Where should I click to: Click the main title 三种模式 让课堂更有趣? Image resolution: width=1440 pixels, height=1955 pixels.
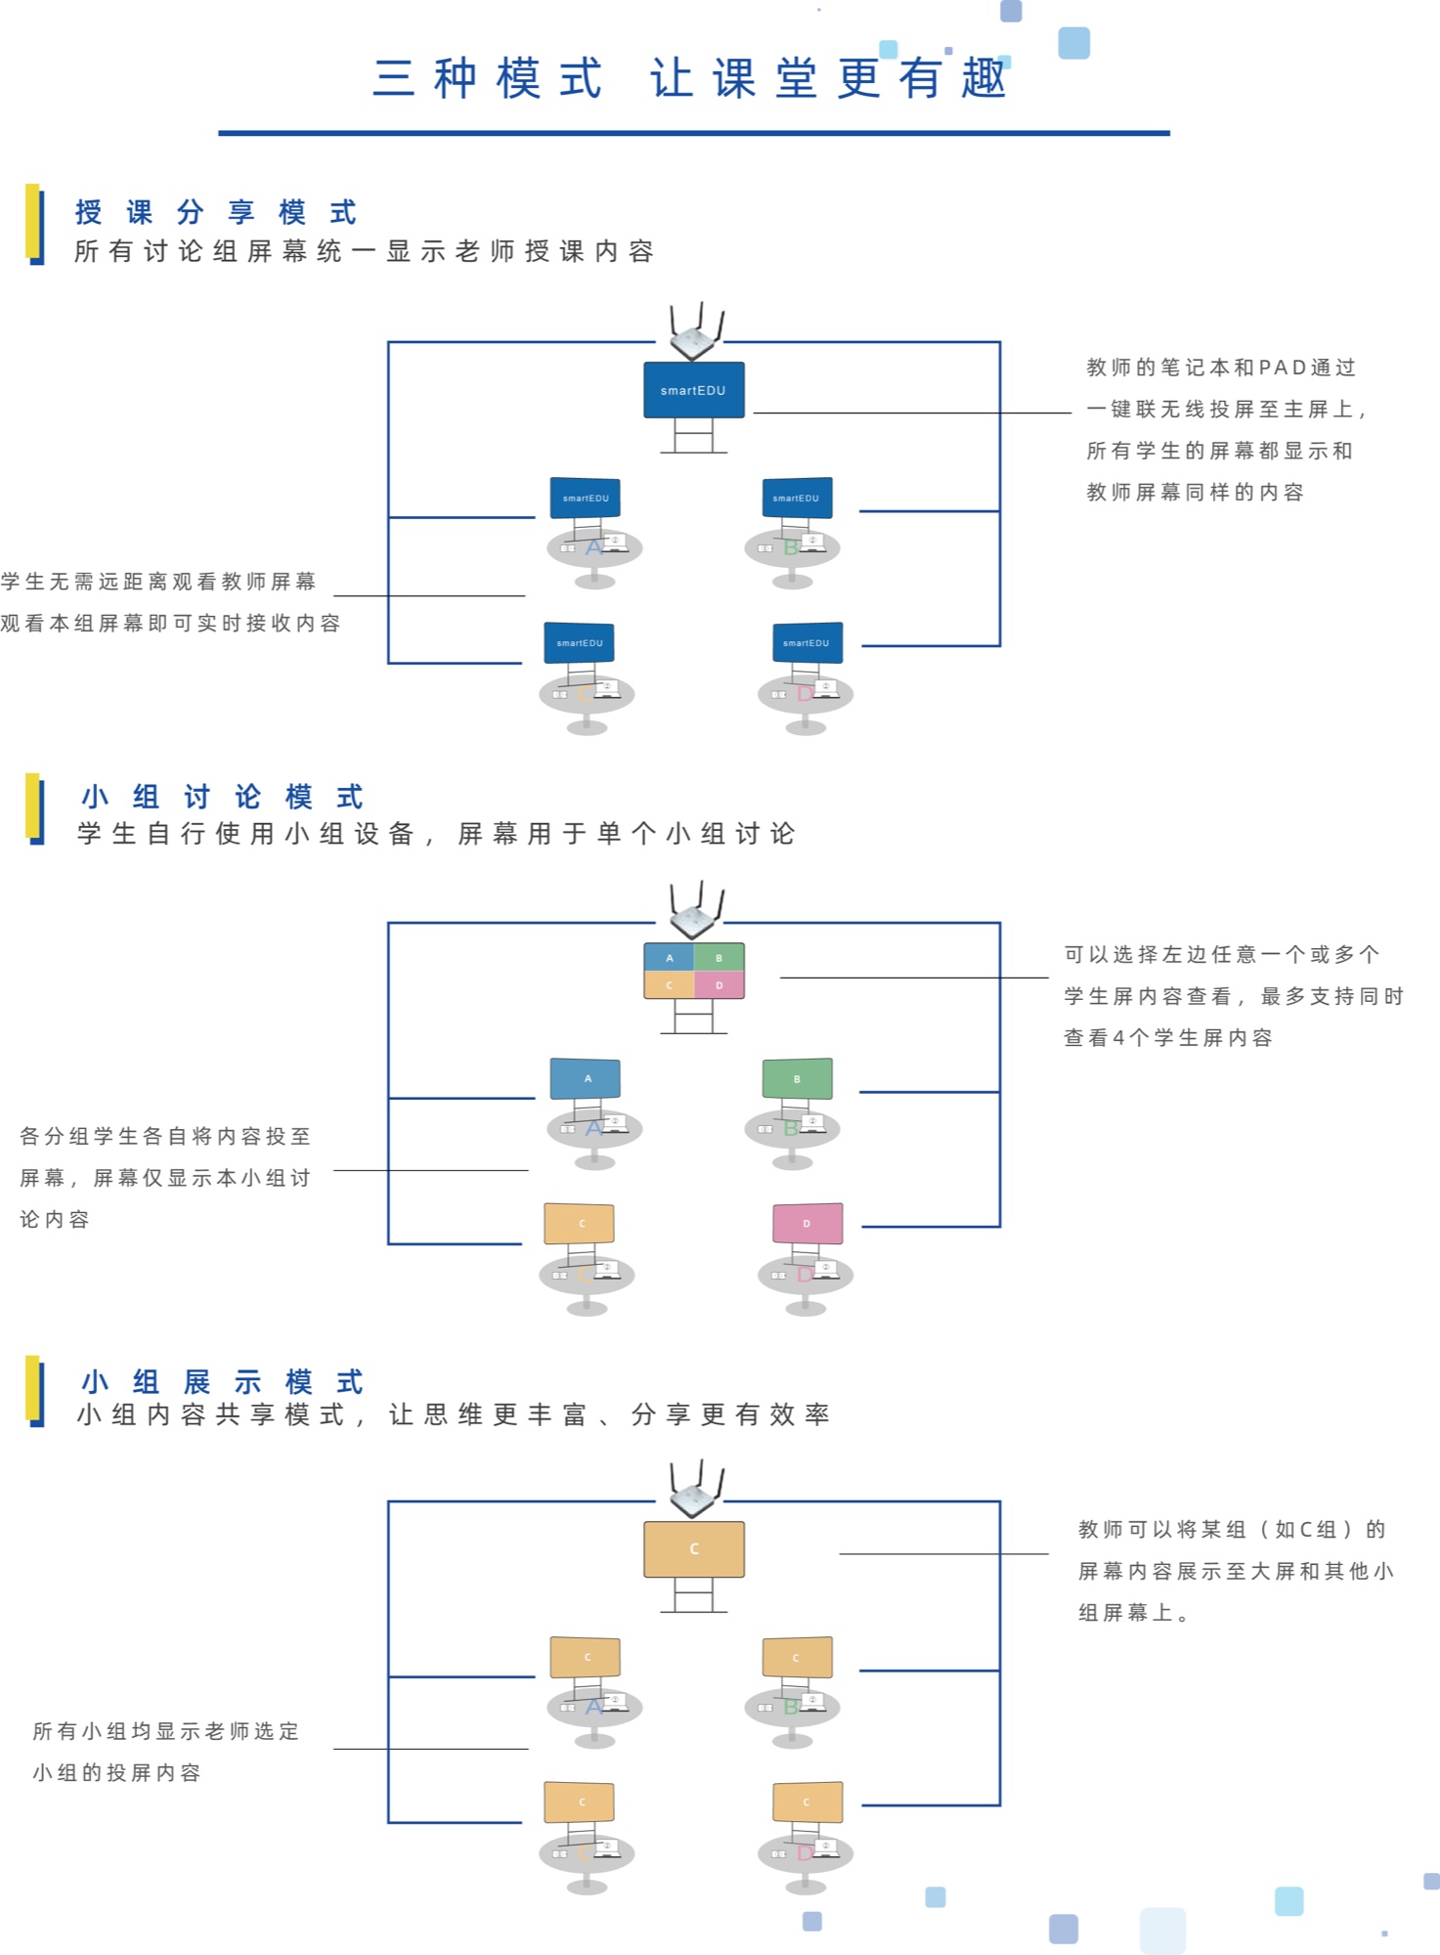690,78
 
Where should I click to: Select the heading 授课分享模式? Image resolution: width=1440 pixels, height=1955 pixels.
216,212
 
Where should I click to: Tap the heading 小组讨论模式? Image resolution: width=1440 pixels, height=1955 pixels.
222,797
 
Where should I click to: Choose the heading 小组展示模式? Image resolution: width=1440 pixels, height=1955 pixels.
222,1381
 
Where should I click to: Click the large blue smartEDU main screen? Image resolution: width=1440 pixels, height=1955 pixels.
693,390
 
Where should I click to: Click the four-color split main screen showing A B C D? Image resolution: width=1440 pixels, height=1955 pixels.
693,971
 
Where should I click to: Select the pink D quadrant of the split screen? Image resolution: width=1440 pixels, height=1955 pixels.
719,984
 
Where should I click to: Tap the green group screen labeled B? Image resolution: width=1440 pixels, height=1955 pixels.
797,1078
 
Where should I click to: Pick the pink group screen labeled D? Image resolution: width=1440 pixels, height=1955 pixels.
807,1223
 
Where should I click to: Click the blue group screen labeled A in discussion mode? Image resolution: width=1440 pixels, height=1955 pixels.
586,1078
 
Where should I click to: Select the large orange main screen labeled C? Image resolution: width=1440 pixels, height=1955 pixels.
693,1548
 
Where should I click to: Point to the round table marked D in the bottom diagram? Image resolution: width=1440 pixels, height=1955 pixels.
806,1853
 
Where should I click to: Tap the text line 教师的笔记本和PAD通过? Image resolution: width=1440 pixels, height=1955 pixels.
1220,368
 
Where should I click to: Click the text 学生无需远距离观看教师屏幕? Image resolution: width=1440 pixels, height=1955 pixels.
158,582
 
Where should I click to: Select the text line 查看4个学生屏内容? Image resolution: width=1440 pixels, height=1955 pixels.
1167,1038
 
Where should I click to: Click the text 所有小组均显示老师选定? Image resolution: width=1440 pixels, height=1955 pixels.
165,1731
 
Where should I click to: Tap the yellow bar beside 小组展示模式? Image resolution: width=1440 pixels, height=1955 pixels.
33,1389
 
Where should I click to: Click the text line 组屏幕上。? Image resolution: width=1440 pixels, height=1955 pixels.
1133,1613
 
